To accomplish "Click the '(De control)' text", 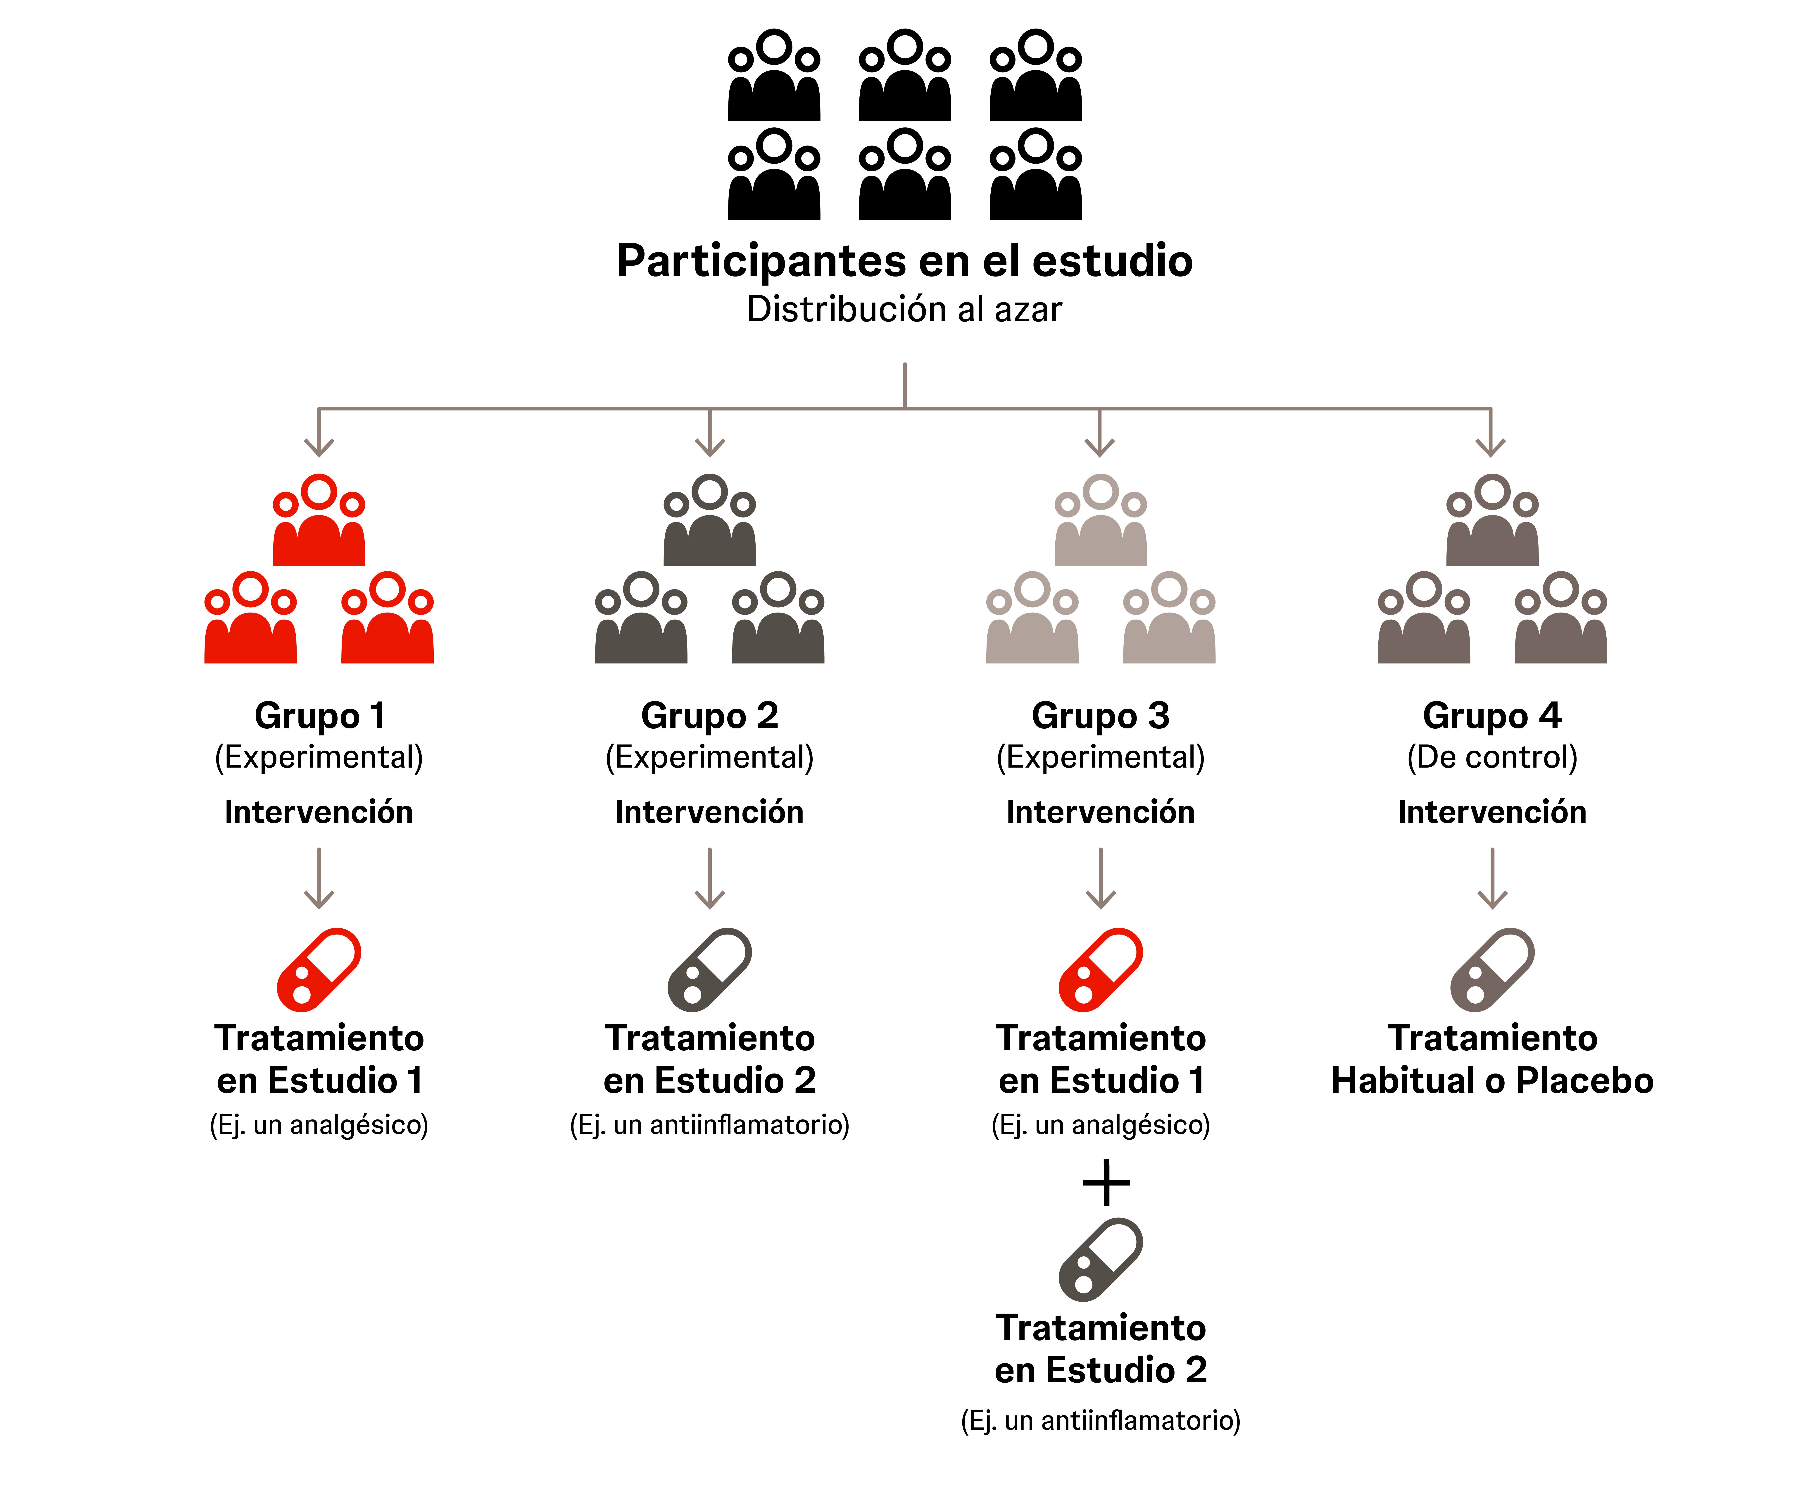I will [1492, 757].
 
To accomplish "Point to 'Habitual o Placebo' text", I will [1492, 1081].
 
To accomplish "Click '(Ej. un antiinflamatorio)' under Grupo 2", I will [709, 1124].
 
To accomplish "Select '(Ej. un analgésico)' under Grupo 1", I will [319, 1124].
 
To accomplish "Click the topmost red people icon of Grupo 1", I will [319, 522].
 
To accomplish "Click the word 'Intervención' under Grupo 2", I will [709, 811].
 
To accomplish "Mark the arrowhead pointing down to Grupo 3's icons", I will [1100, 447].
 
